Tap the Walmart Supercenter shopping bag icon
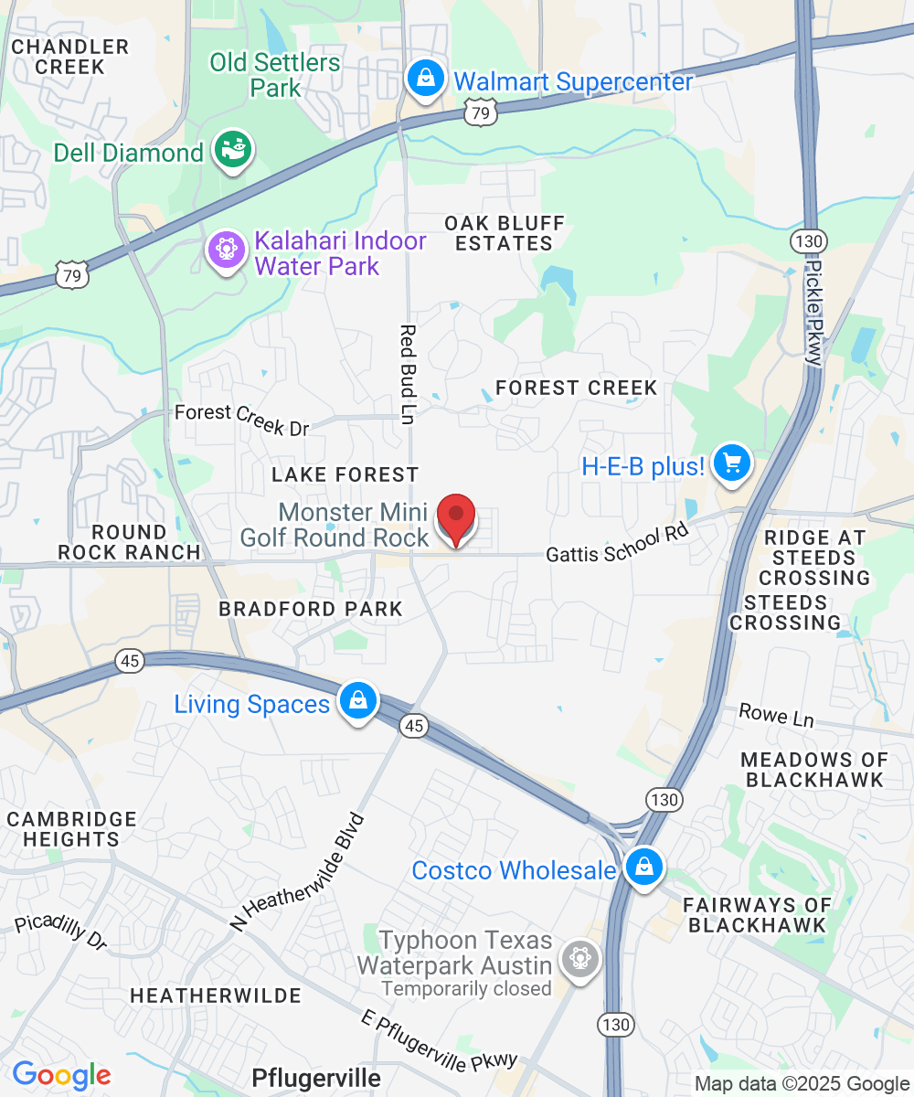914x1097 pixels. (x=426, y=79)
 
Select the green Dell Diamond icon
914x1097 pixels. (x=233, y=150)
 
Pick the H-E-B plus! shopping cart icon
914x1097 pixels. (x=731, y=463)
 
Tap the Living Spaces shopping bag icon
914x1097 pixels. (x=357, y=702)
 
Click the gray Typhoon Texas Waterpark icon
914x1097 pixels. (x=579, y=960)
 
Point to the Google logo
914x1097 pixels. (x=61, y=1076)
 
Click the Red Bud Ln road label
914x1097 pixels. (x=408, y=374)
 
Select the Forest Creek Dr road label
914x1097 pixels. (x=242, y=420)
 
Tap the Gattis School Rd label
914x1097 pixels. (x=616, y=545)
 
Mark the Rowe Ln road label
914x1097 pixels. (x=776, y=715)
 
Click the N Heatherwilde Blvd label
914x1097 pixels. (x=299, y=872)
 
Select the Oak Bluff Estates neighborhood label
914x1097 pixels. (x=505, y=233)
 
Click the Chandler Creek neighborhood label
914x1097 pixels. (x=70, y=57)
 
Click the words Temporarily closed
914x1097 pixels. (x=467, y=988)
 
